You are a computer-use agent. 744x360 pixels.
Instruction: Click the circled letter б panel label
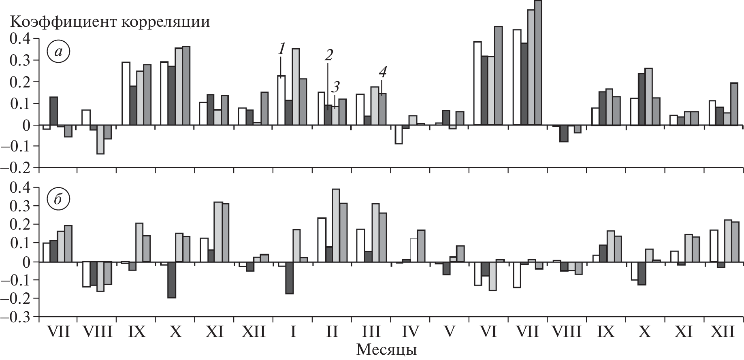click(59, 199)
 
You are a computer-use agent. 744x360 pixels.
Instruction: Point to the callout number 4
click(382, 72)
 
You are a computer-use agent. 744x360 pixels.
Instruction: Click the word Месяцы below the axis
click(387, 349)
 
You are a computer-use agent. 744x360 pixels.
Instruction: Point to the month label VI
click(489, 332)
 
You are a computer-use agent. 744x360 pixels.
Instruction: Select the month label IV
click(410, 332)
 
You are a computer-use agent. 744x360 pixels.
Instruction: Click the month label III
click(371, 332)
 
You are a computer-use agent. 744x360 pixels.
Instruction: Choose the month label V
click(450, 332)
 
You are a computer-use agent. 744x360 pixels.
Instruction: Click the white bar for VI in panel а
click(478, 83)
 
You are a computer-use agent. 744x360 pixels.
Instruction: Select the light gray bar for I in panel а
click(296, 87)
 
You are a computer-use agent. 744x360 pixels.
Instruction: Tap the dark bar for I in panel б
click(289, 278)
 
